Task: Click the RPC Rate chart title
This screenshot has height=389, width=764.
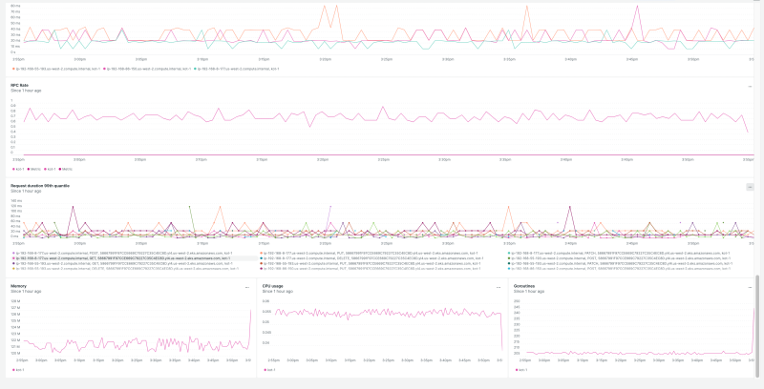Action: click(18, 85)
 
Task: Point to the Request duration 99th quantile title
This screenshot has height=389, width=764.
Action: click(39, 185)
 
